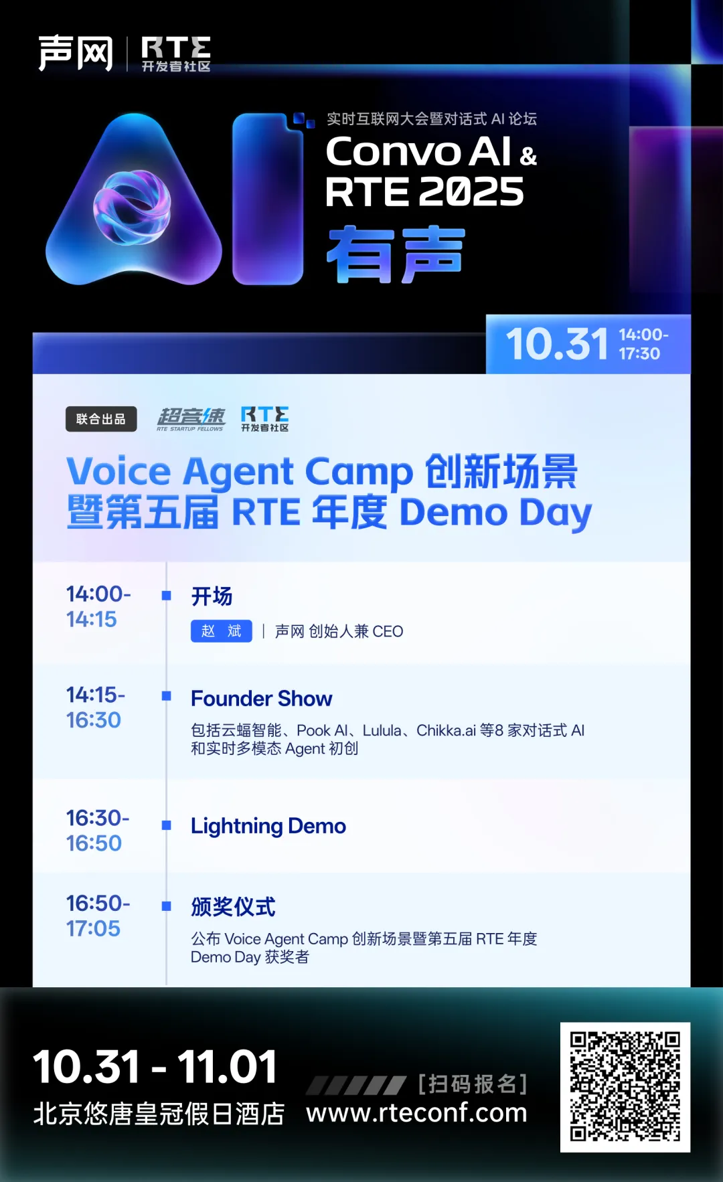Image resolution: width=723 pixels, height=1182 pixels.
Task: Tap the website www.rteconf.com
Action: (416, 1112)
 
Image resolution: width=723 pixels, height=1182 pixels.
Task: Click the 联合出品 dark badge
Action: (101, 419)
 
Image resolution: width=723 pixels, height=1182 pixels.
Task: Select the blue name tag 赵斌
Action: (222, 631)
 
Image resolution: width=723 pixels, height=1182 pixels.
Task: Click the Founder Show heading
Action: (261, 699)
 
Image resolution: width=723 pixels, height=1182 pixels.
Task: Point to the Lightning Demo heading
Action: (268, 827)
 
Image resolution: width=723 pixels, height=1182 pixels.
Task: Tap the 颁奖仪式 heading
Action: (233, 907)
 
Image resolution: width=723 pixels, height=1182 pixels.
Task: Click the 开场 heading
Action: (212, 596)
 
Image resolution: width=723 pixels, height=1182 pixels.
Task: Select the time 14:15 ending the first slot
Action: (92, 620)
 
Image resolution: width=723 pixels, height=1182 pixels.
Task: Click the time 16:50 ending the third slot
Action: (94, 843)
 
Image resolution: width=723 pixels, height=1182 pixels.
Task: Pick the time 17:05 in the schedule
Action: (93, 929)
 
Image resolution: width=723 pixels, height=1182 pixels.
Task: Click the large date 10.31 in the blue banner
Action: (557, 345)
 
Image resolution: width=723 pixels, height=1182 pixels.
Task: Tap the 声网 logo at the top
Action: (75, 54)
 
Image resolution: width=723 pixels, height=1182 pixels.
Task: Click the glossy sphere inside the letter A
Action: (132, 207)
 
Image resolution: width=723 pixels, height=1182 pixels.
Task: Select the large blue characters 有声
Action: (396, 254)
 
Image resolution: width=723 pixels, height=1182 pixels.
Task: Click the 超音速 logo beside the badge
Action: (191, 419)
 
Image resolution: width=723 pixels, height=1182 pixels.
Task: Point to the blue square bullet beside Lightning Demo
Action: (167, 825)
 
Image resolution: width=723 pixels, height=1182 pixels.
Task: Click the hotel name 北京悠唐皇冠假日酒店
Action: (159, 1114)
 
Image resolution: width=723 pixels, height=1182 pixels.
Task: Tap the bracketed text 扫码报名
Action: (473, 1084)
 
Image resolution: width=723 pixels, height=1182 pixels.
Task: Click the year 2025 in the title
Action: (472, 193)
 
